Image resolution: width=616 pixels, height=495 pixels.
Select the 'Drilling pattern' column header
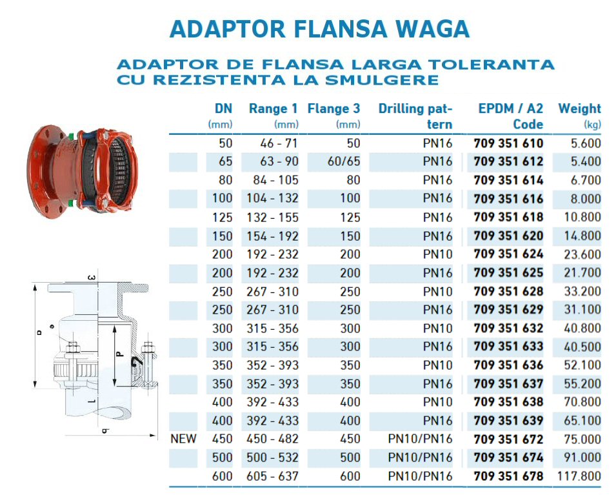(x=415, y=116)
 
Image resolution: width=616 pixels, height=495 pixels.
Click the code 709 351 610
(x=508, y=143)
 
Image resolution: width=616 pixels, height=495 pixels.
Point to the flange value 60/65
(x=344, y=161)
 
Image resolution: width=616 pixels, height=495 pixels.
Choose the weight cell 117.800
(x=579, y=476)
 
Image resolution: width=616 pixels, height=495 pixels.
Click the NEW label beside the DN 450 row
(x=183, y=439)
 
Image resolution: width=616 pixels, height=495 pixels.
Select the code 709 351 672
(x=508, y=439)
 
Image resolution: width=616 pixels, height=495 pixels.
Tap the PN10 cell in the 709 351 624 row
(x=437, y=255)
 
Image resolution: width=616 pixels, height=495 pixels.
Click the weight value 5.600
(x=586, y=143)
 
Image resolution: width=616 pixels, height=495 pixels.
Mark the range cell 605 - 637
(x=272, y=476)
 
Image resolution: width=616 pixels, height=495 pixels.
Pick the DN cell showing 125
(x=223, y=217)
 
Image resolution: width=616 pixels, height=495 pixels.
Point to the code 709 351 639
(x=508, y=421)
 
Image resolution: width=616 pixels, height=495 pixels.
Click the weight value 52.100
(x=582, y=365)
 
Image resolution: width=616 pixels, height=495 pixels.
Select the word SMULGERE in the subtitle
(x=382, y=80)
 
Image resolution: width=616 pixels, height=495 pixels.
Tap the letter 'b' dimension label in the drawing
(x=105, y=431)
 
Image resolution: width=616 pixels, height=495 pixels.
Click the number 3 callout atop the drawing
(x=91, y=278)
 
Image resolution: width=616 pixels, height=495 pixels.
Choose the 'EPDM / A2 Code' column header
(x=511, y=116)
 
